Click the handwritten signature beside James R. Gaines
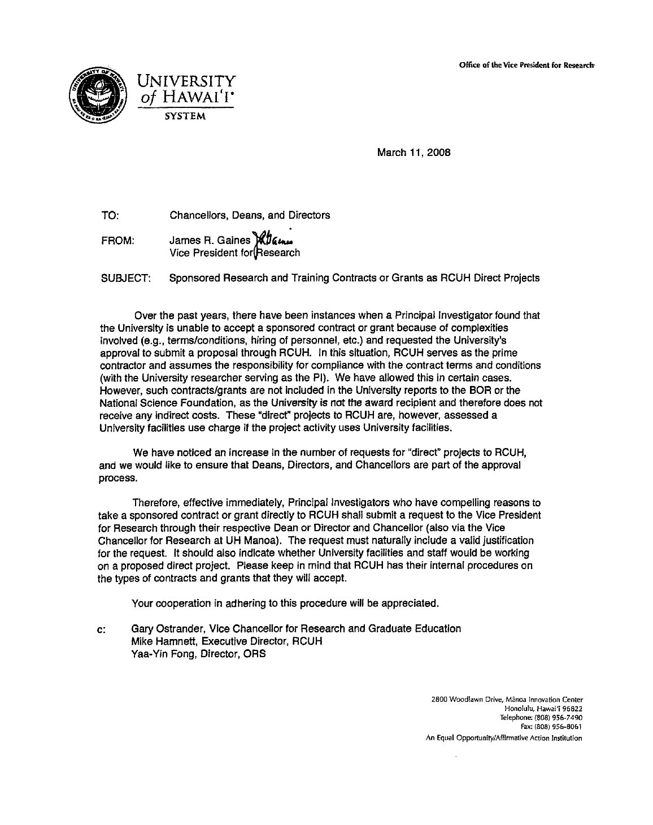(x=269, y=241)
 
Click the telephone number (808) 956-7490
(x=558, y=717)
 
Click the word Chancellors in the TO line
(x=195, y=215)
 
